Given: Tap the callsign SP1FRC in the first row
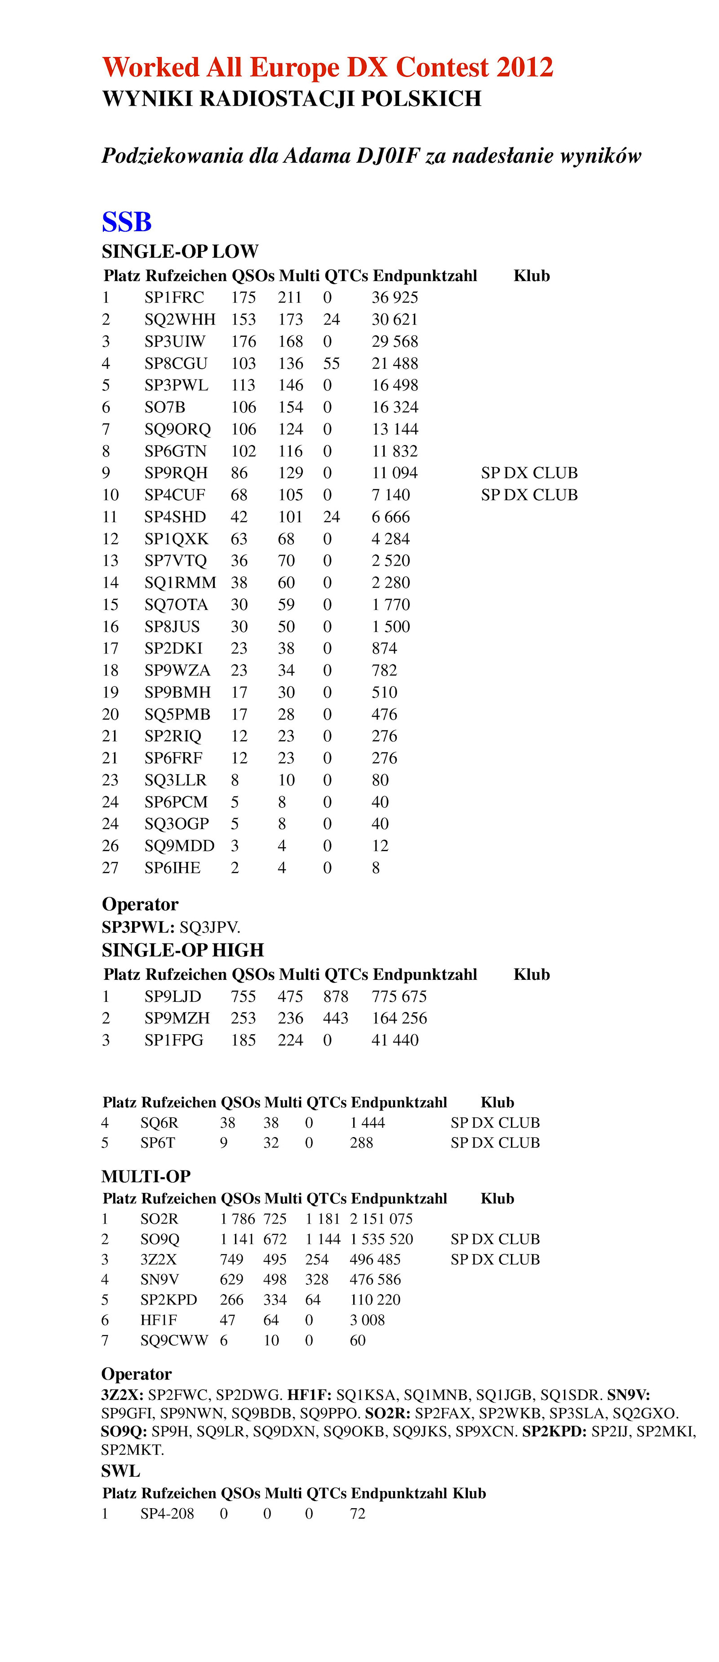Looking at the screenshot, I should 174,297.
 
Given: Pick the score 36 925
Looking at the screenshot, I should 395,297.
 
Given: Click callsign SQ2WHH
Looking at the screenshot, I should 180,319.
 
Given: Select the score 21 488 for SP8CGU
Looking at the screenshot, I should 395,363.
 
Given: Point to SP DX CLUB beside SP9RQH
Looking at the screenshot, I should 529,473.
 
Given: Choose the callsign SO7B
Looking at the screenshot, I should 164,407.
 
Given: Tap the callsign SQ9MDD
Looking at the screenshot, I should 179,846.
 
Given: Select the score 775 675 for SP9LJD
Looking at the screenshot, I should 399,996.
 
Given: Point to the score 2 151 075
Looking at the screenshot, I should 381,1219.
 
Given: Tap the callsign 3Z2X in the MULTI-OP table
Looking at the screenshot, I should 158,1260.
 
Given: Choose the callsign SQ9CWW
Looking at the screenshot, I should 174,1340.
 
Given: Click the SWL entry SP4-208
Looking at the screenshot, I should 167,1514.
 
